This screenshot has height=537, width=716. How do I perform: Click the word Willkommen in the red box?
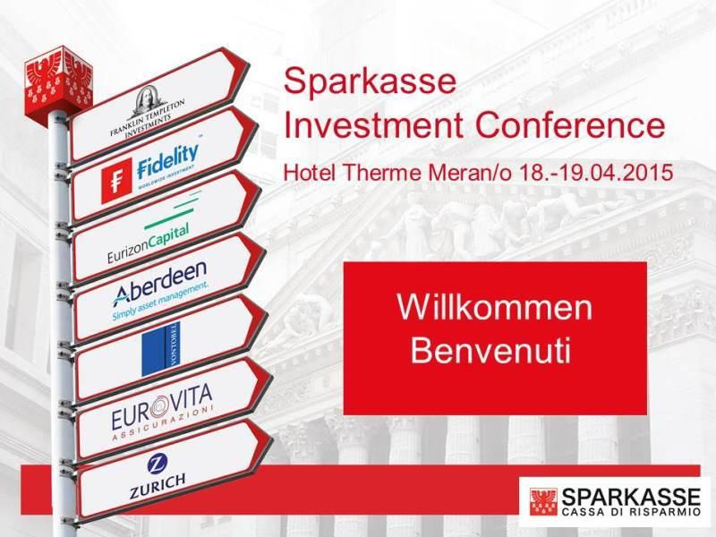[x=494, y=307]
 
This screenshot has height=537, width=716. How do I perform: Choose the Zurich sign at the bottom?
[x=156, y=479]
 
